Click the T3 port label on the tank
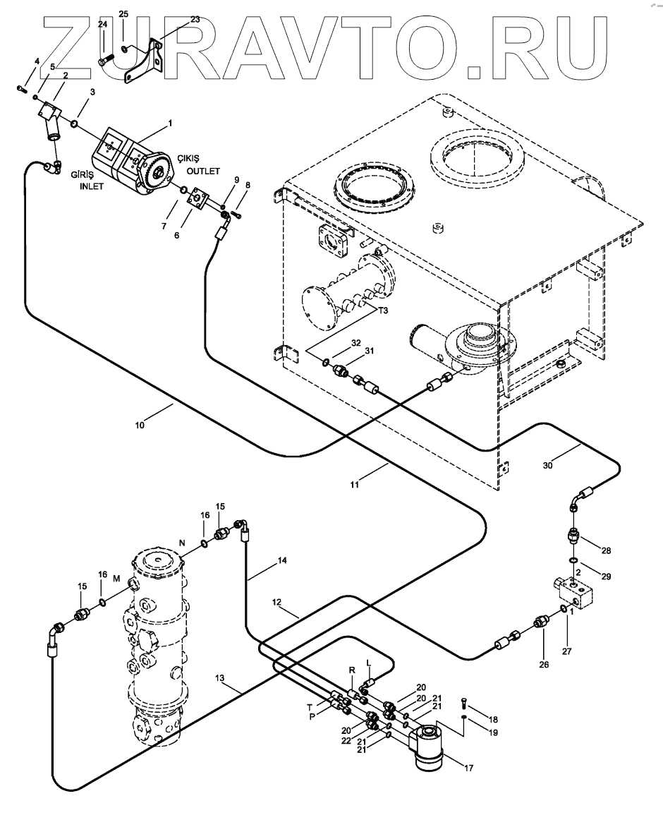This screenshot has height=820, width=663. pyautogui.click(x=383, y=311)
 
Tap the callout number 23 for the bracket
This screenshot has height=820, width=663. pyautogui.click(x=195, y=20)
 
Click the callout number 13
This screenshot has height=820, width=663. pyautogui.click(x=221, y=678)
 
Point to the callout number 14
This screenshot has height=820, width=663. pyautogui.click(x=281, y=562)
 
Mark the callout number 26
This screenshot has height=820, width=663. pyautogui.click(x=543, y=644)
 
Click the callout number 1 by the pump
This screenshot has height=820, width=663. pyautogui.click(x=170, y=124)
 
